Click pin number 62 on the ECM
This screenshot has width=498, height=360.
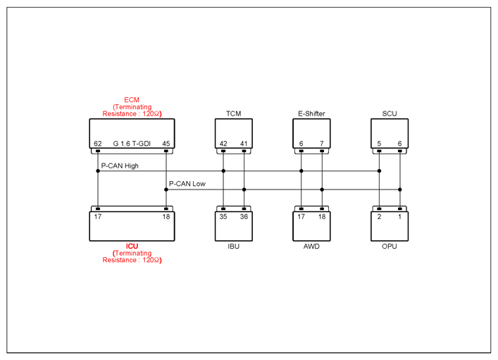tap(98, 144)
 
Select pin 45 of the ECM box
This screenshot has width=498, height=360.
tap(166, 144)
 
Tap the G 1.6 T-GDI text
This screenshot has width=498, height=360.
tap(132, 144)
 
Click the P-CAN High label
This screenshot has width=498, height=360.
tap(120, 166)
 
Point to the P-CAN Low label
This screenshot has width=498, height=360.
tap(187, 184)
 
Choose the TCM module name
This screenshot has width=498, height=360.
tap(233, 113)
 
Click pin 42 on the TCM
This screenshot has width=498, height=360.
tap(223, 144)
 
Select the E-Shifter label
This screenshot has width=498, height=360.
tap(311, 113)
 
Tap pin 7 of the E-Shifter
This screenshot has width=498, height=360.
tap(322, 144)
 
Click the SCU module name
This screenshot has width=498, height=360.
tap(390, 113)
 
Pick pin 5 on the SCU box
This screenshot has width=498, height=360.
tap(379, 144)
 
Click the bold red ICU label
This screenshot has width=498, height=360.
tap(132, 247)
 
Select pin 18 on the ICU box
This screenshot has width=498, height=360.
tap(166, 217)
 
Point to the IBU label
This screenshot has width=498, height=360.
tap(233, 247)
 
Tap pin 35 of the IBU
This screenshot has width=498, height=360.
tap(223, 217)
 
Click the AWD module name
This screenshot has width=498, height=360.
tap(311, 247)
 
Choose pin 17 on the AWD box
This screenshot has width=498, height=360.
tap(301, 217)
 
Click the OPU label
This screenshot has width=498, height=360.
tap(390, 247)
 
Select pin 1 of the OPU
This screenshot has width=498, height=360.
tap(400, 217)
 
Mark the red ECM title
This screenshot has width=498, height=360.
tap(132, 100)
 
